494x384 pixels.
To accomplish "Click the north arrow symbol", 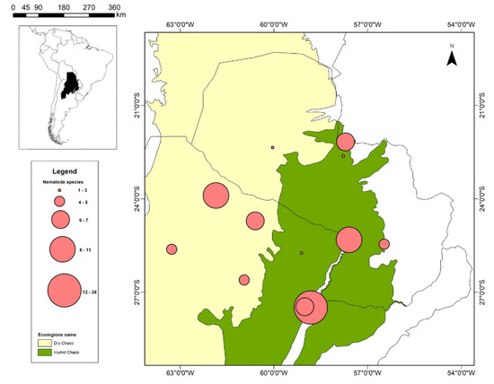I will click(454, 56).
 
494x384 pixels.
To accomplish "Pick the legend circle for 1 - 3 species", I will click(60, 192).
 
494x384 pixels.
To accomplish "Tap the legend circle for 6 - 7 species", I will click(61, 218).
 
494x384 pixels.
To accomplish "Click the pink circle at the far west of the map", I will click(172, 249).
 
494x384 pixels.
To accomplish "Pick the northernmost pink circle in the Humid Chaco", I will click(346, 142).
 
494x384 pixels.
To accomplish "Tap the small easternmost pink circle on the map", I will click(384, 244).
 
